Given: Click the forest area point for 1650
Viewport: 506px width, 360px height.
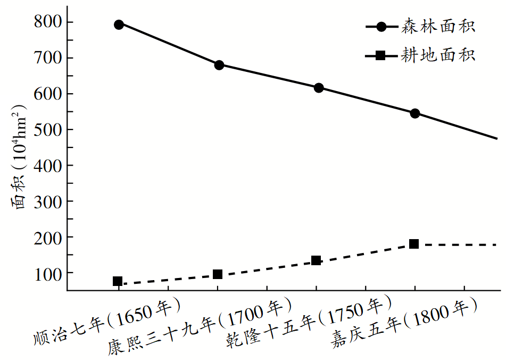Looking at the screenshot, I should click(119, 24).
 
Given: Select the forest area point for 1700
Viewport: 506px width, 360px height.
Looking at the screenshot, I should click(219, 65).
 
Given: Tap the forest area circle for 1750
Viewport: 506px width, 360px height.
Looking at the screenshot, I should click(319, 88).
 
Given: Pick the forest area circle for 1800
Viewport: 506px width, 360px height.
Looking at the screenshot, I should click(415, 113).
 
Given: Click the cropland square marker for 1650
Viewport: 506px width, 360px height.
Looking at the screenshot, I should click(118, 281).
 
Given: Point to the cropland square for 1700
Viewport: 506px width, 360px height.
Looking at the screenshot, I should click(217, 274).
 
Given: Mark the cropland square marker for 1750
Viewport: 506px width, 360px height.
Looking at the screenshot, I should click(316, 260).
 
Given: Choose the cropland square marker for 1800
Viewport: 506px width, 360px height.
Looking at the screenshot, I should click(414, 244).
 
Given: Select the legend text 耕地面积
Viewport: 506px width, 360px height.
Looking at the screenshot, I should click(438, 55).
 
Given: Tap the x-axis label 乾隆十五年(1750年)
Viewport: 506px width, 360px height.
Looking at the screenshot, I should click(303, 323).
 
